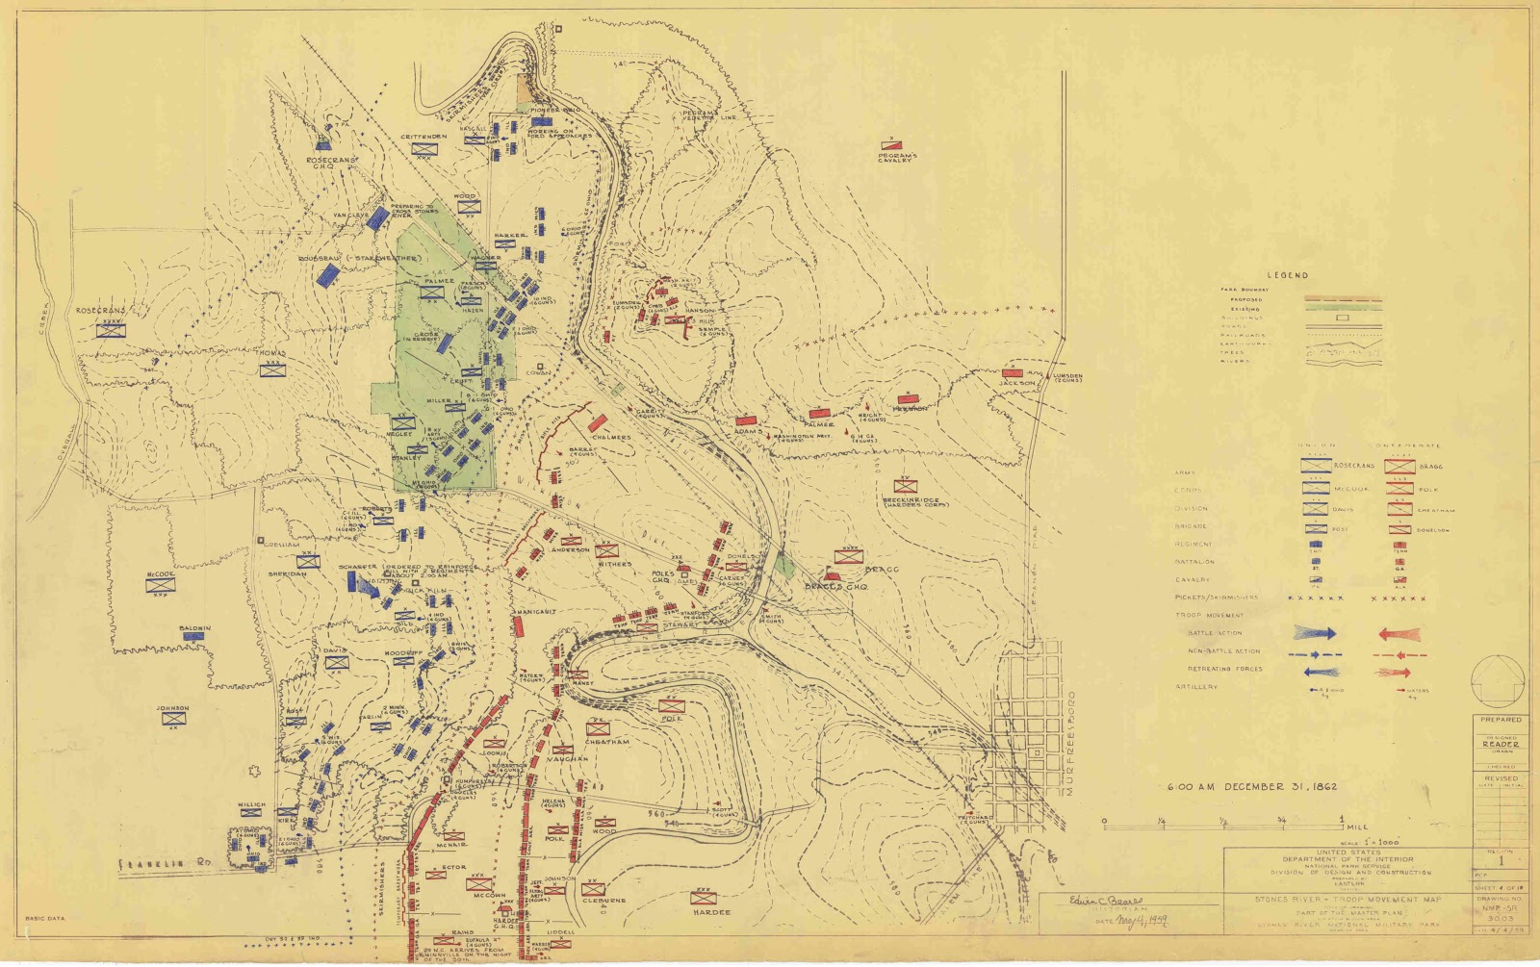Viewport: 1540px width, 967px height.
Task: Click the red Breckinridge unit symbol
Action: pyautogui.click(x=903, y=485)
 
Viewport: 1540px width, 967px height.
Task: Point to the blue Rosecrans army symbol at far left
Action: pyautogui.click(x=111, y=330)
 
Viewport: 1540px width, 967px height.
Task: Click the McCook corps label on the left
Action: pyautogui.click(x=159, y=573)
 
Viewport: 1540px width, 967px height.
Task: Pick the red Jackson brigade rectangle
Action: pyautogui.click(x=1011, y=372)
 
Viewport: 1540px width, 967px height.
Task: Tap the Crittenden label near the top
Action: pyautogui.click(x=424, y=137)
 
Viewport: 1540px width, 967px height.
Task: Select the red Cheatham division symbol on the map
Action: pyautogui.click(x=597, y=728)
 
